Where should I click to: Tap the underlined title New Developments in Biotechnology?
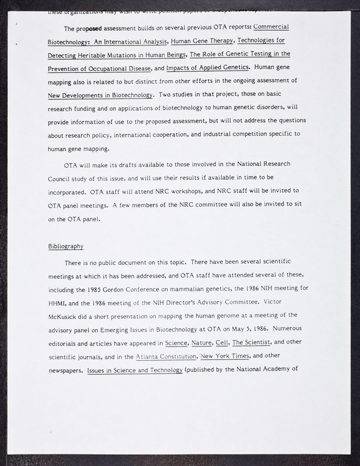(101, 94)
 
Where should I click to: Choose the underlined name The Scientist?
(270, 344)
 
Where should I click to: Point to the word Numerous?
(288, 330)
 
